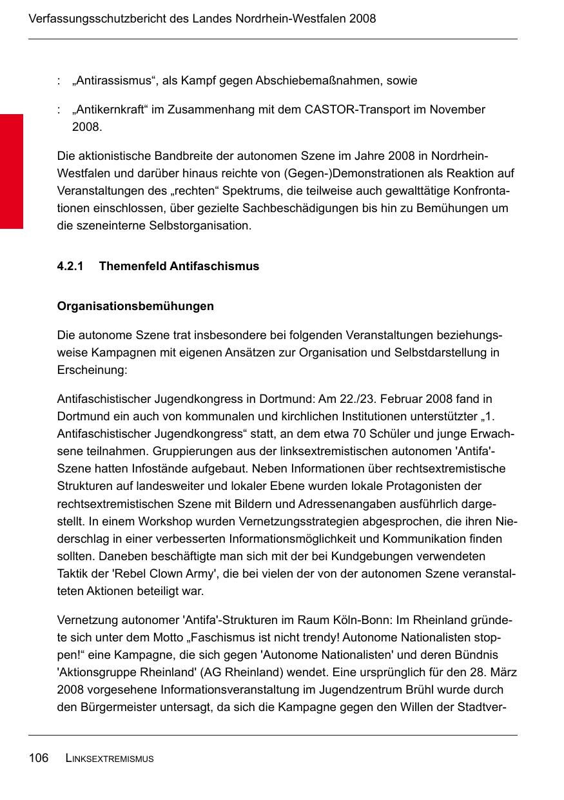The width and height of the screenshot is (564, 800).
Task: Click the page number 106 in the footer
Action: pos(39,758)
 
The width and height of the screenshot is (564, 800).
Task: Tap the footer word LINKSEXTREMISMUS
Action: pos(110,759)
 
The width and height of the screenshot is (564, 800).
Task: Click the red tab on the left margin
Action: pos(12,171)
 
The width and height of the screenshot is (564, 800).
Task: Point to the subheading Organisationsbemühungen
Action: pos(135,306)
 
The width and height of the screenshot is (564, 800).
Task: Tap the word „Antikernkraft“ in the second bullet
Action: pos(110,110)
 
